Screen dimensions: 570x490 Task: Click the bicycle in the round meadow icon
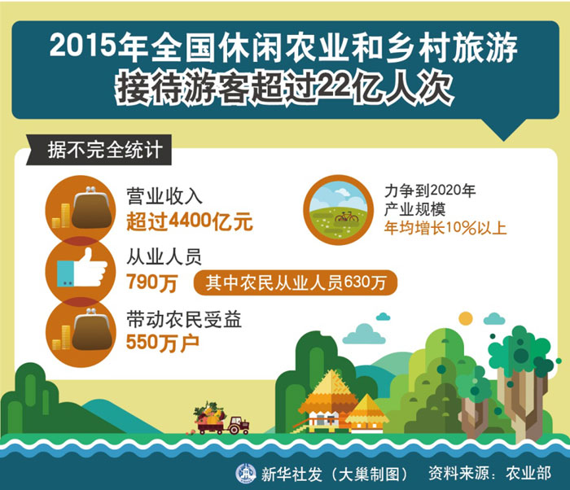(x=346, y=217)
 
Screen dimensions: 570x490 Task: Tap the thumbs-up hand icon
(x=81, y=269)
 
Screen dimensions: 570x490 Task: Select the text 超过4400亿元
(x=190, y=221)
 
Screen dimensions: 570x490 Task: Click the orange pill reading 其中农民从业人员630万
(x=295, y=282)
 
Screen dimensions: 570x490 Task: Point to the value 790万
(x=152, y=282)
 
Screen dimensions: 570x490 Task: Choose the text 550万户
(x=163, y=343)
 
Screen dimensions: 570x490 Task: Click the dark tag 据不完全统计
(x=99, y=150)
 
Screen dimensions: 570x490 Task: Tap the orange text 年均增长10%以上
(x=445, y=228)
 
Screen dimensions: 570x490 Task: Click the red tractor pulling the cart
(x=238, y=425)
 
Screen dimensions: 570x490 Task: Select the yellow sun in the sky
(x=465, y=318)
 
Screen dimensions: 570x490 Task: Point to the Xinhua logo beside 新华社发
(x=246, y=473)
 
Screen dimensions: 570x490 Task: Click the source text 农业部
(x=528, y=473)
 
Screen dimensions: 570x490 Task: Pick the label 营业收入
(x=164, y=197)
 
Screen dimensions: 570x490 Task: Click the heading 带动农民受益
(x=184, y=320)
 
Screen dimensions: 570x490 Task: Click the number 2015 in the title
(x=83, y=46)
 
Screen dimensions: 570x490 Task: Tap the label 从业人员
(x=164, y=257)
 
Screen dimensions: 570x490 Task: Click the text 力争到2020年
(x=430, y=190)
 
